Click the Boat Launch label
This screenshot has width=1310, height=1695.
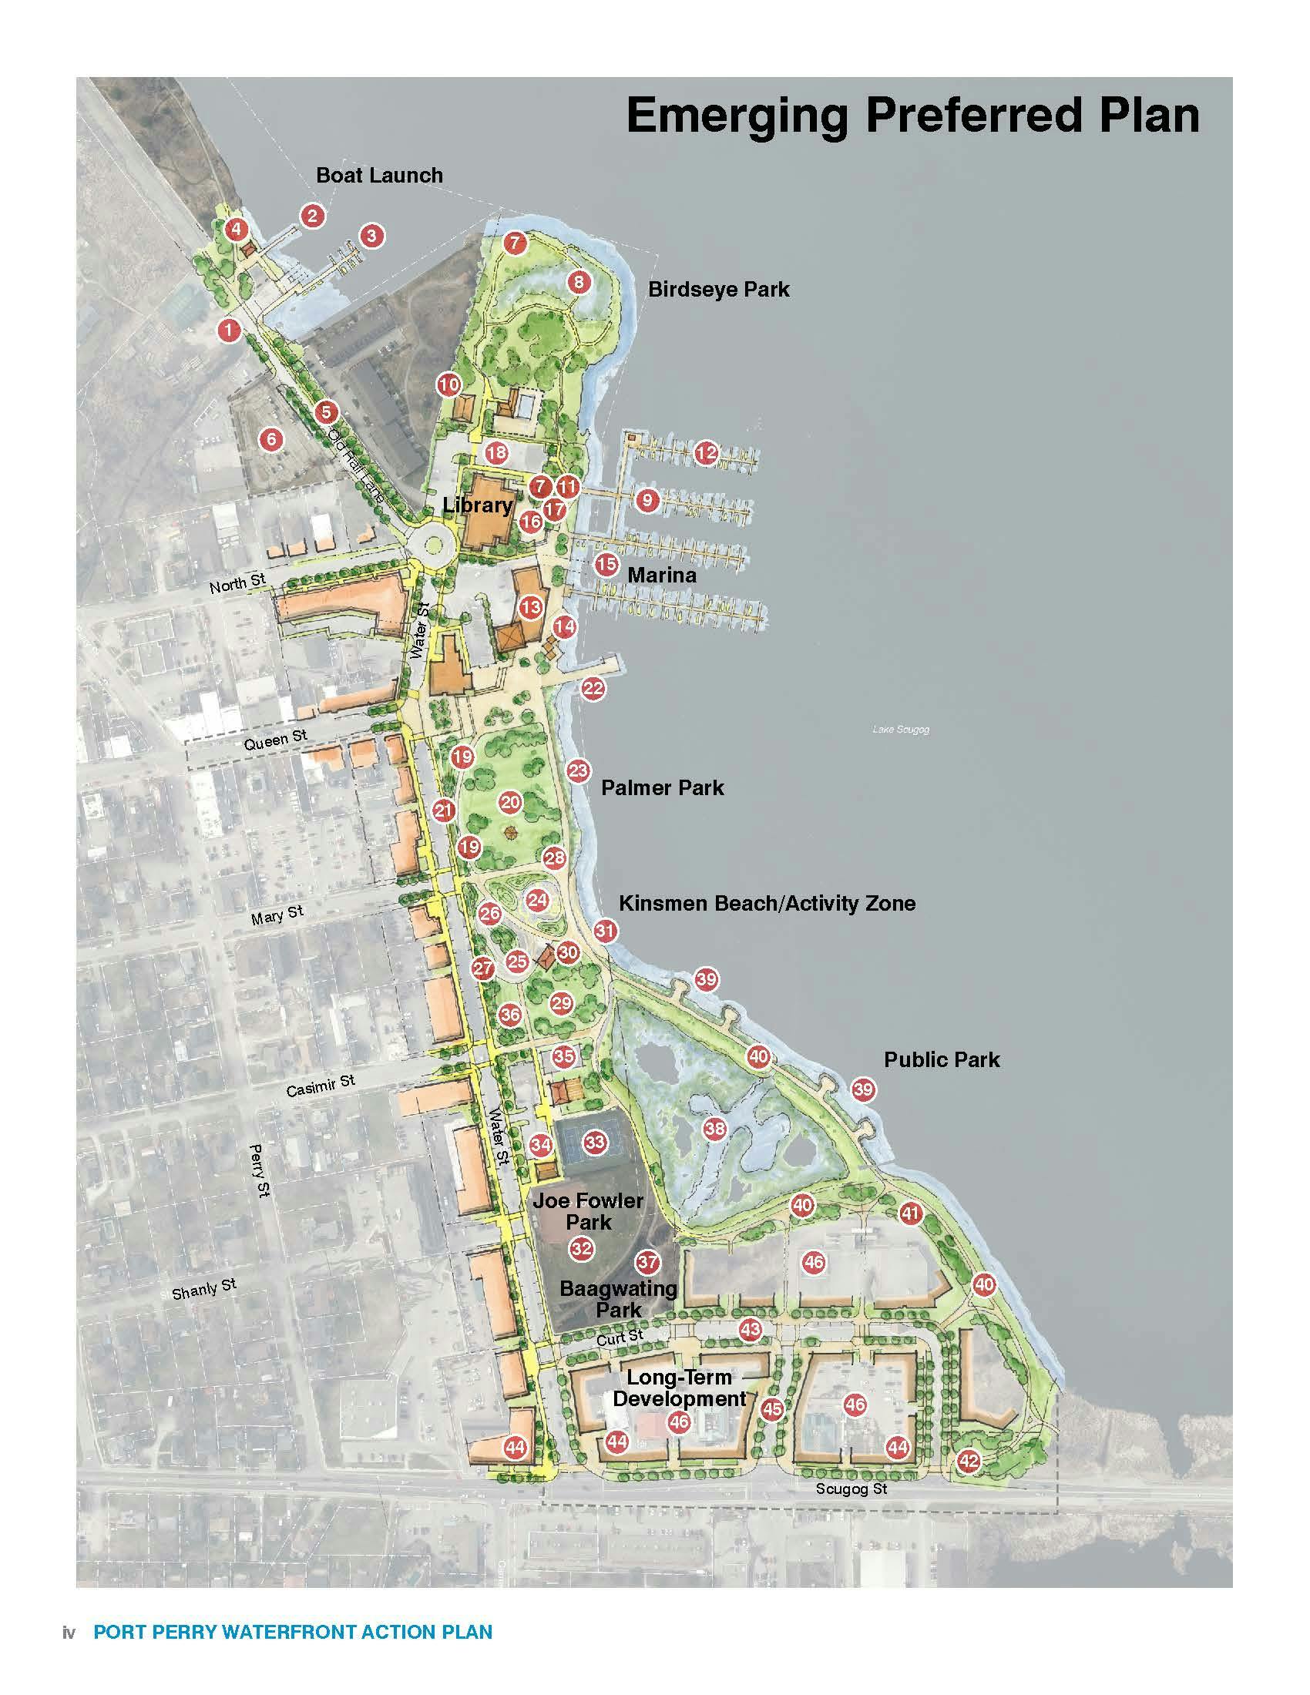click(379, 176)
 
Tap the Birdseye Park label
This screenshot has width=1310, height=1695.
click(719, 290)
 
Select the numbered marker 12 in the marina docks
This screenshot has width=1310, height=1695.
click(705, 453)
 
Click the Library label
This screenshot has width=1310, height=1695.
click(477, 505)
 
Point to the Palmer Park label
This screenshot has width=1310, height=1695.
click(662, 787)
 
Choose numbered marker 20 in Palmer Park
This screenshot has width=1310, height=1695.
click(510, 803)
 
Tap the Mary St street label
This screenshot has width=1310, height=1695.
click(277, 915)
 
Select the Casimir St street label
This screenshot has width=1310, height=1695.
click(320, 1086)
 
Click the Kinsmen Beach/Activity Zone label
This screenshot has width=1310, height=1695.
click(767, 904)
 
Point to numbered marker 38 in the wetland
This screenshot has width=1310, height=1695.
click(715, 1129)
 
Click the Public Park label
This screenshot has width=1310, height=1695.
click(942, 1059)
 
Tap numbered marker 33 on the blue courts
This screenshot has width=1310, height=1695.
click(594, 1143)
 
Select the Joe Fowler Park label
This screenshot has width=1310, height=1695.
click(587, 1211)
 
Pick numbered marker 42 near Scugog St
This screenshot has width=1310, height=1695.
click(969, 1462)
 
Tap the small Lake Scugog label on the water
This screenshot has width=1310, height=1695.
click(900, 730)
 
